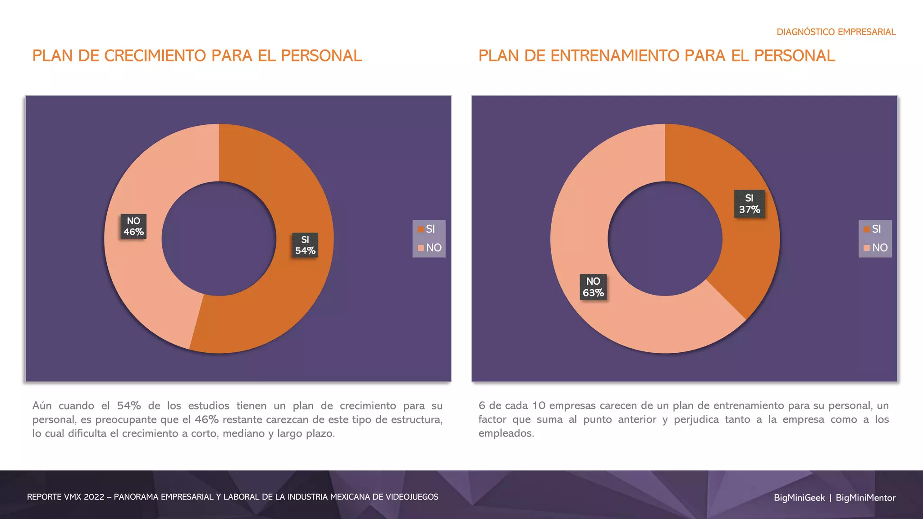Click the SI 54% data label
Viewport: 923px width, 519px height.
[305, 245]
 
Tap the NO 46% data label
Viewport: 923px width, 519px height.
[133, 226]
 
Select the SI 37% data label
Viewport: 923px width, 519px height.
[749, 204]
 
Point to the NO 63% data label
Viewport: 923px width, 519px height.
[593, 287]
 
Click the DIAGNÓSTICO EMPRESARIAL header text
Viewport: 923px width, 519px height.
[836, 32]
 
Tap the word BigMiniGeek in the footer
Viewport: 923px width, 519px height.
[799, 498]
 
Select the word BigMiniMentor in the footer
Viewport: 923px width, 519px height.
[865, 498]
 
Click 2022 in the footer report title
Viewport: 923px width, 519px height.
[94, 497]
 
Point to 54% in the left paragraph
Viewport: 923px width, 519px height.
[129, 406]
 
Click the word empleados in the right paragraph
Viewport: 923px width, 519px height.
[506, 433]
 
